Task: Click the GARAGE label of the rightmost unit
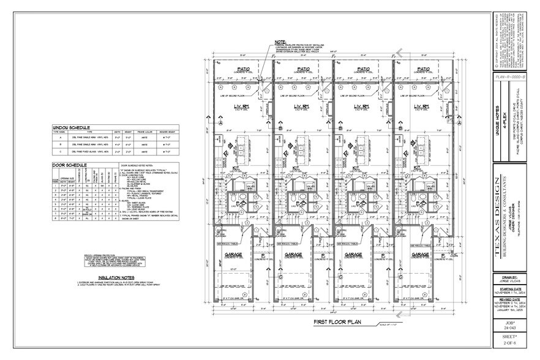(420, 253)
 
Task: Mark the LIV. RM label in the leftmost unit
(242, 107)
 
